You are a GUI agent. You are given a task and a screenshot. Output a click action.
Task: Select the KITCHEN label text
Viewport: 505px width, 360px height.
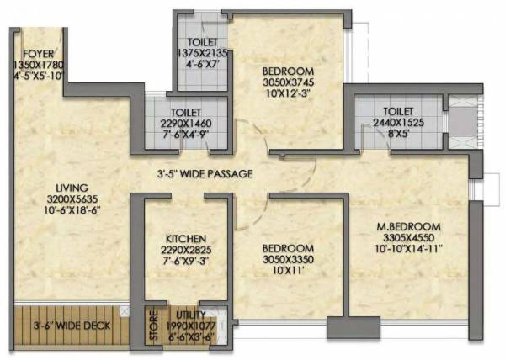(185, 239)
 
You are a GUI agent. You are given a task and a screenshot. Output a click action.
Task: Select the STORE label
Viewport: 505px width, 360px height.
(153, 325)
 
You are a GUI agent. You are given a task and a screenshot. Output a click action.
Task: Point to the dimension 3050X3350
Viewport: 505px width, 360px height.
(288, 261)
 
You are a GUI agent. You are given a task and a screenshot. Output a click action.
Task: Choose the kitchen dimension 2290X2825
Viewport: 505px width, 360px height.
(185, 250)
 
